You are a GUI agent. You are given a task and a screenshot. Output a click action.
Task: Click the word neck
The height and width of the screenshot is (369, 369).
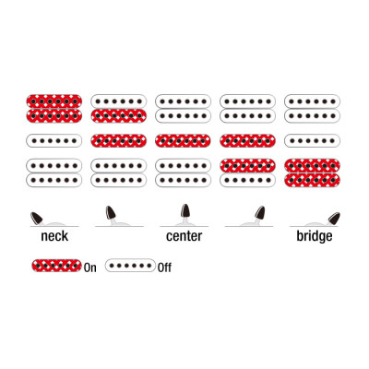(x=54, y=236)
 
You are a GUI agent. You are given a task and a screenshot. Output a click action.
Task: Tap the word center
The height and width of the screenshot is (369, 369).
(x=184, y=236)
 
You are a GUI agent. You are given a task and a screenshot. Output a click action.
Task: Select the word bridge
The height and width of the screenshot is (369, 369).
(x=315, y=237)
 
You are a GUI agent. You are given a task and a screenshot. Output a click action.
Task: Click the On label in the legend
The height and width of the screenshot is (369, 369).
(x=90, y=268)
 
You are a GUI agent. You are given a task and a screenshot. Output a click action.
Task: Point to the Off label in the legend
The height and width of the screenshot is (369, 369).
(x=164, y=268)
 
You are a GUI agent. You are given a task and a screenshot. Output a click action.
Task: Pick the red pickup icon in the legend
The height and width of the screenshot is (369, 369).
(x=56, y=266)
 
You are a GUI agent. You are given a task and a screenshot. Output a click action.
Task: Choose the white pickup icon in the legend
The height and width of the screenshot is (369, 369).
(x=130, y=266)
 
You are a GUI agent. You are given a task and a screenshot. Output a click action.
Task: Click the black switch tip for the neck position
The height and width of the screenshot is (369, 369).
(x=37, y=218)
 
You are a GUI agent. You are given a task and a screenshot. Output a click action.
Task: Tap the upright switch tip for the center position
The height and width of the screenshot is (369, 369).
(x=184, y=210)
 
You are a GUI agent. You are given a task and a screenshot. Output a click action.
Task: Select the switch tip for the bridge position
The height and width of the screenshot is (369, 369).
(x=334, y=219)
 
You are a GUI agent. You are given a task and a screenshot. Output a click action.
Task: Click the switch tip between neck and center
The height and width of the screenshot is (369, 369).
(x=111, y=212)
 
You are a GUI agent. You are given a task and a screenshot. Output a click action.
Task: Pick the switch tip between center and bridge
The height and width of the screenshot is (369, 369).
(x=260, y=212)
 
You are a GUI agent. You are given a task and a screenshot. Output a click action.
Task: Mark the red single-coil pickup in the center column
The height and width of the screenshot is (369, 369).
(x=183, y=141)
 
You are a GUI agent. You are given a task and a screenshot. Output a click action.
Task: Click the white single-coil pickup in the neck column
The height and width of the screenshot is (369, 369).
(x=54, y=141)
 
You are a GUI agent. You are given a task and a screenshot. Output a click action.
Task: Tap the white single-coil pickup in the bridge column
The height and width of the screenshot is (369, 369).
(x=312, y=141)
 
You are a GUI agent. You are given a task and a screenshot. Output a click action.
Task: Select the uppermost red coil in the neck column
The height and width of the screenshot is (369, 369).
(x=54, y=101)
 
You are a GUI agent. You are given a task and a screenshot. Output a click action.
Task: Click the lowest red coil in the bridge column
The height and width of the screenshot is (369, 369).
(x=312, y=180)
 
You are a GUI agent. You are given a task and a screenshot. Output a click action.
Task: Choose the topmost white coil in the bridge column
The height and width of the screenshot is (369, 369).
(x=312, y=101)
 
